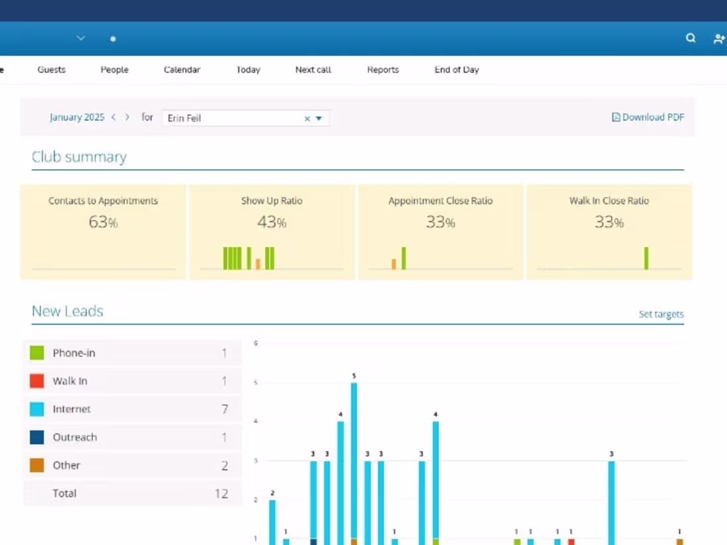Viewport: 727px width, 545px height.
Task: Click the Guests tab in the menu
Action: point(52,69)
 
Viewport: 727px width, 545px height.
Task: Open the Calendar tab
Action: point(182,69)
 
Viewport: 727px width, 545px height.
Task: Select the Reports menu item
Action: point(383,69)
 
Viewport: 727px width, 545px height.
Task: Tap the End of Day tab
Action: point(457,69)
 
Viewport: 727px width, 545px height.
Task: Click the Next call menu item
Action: point(313,69)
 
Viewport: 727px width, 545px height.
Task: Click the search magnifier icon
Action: point(691,38)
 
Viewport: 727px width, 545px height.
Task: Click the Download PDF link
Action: point(648,117)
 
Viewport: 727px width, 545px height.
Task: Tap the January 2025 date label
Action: point(77,117)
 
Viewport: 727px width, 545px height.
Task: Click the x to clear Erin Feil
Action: point(307,119)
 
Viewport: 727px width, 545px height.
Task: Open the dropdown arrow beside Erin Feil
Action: point(319,119)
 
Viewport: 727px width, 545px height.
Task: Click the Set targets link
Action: point(661,314)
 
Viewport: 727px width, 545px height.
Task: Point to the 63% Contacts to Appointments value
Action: point(103,222)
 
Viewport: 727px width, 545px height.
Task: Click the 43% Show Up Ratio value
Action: point(272,222)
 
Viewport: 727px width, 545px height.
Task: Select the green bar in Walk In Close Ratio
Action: point(646,258)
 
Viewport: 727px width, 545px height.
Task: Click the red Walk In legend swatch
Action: point(37,381)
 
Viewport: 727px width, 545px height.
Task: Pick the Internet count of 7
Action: point(225,409)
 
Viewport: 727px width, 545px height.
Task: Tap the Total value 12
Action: point(221,493)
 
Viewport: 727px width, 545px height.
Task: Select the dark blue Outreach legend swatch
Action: point(37,437)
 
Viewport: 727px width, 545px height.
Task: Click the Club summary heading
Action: point(79,157)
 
